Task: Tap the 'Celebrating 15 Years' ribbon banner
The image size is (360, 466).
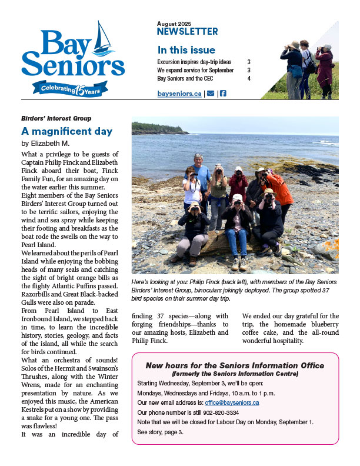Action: (74, 88)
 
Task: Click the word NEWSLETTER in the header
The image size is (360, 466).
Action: (187, 32)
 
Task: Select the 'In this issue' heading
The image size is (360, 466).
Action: (186, 50)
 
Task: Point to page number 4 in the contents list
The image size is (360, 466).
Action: (249, 78)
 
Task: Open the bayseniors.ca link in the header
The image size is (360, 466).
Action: (179, 94)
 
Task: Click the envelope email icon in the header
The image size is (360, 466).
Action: (209, 94)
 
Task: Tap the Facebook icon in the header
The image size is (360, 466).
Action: (223, 94)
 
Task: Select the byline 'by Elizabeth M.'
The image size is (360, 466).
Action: (45, 143)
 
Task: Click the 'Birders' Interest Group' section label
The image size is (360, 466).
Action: (56, 118)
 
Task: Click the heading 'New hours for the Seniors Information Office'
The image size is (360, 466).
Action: (235, 365)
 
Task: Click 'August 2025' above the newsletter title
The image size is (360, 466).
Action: (174, 22)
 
